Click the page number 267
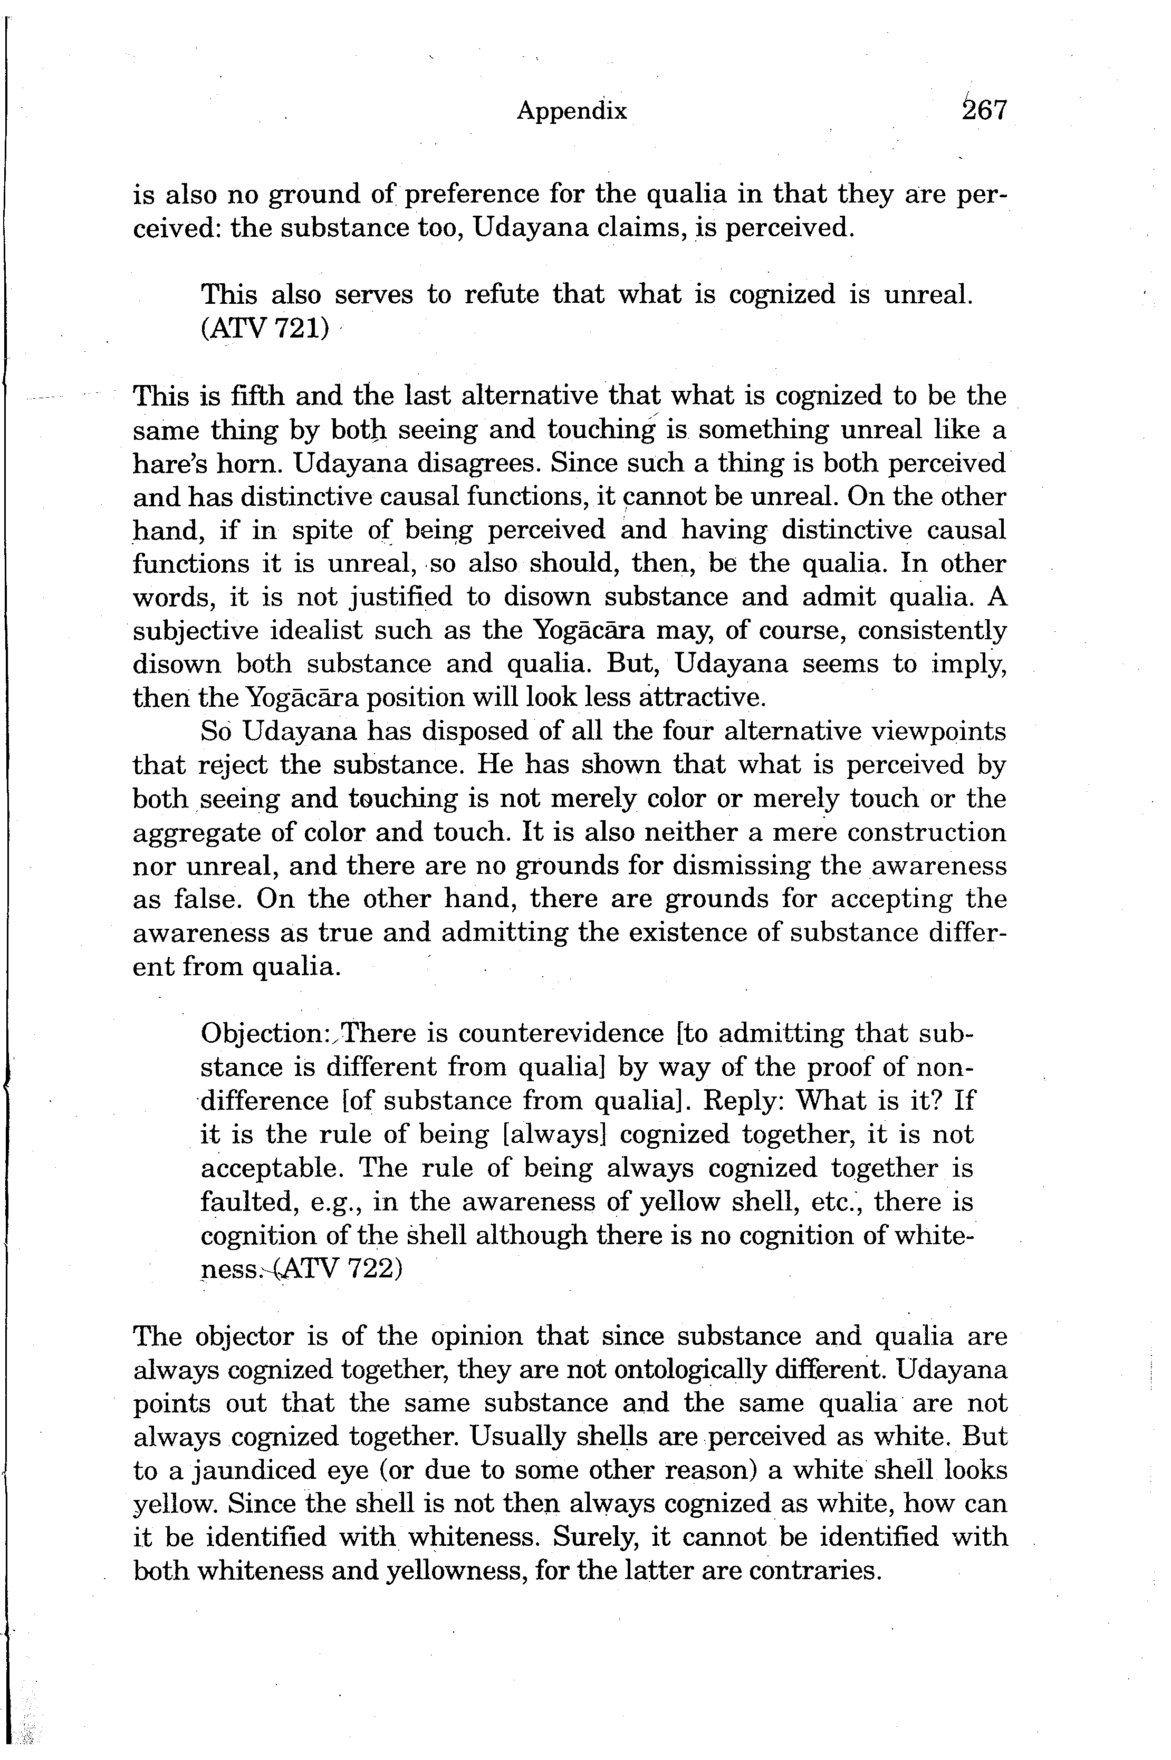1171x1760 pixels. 985,111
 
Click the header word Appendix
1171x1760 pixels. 571,111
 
